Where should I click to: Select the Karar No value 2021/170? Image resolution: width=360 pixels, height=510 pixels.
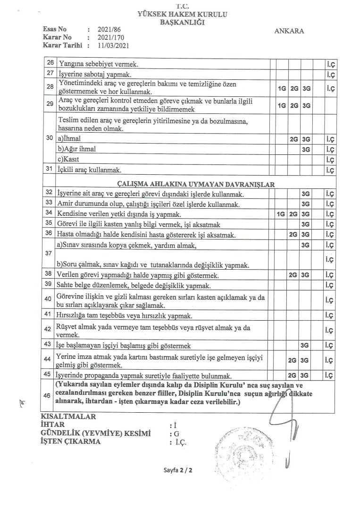tap(108, 37)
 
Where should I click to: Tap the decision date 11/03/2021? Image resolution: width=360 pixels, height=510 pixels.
tap(113, 45)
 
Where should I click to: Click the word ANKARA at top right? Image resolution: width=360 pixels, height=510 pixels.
tap(289, 31)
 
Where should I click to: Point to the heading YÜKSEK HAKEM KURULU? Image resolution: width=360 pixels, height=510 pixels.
tap(182, 15)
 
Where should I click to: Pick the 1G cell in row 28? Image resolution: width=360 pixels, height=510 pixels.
tap(282, 88)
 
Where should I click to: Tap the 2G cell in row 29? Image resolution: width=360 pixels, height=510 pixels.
tap(294, 105)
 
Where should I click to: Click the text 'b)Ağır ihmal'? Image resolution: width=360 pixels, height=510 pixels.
tap(76, 149)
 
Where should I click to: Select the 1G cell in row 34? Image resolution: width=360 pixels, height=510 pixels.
tap(282, 214)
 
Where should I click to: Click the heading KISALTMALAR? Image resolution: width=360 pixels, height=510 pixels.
tap(69, 416)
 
